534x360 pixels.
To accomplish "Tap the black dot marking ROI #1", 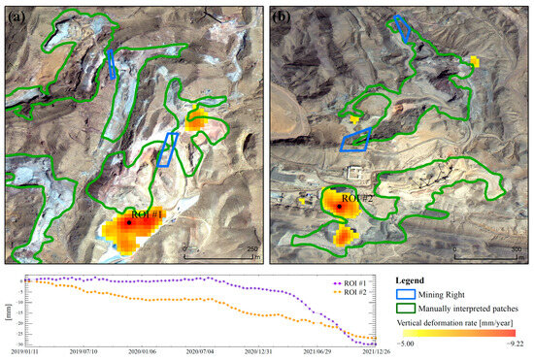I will click(127, 221).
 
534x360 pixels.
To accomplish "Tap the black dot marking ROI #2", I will click(339, 207).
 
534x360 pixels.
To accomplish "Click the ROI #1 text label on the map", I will click(149, 213).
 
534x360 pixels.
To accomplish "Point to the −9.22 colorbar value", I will click(515, 343).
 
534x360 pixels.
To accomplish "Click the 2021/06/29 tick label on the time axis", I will click(316, 352).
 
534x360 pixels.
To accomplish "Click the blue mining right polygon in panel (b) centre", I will click(355, 141).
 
